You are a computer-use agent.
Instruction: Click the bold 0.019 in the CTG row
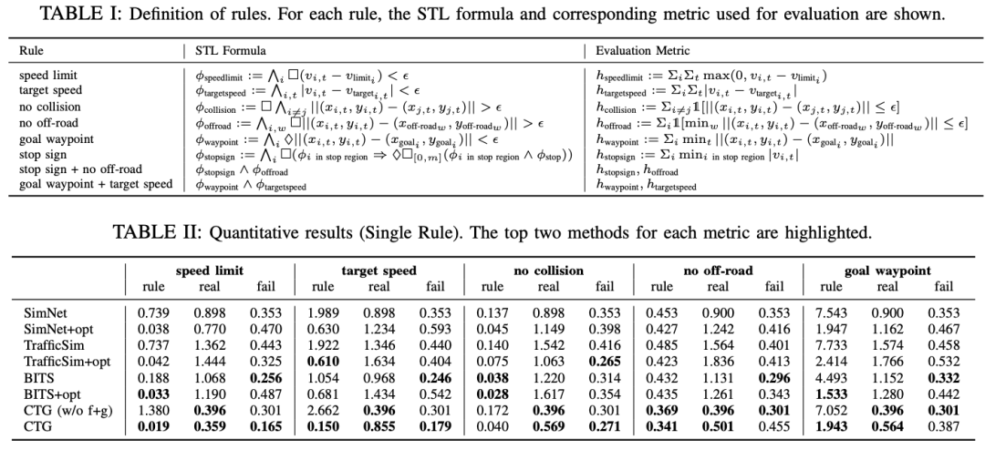(150, 426)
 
